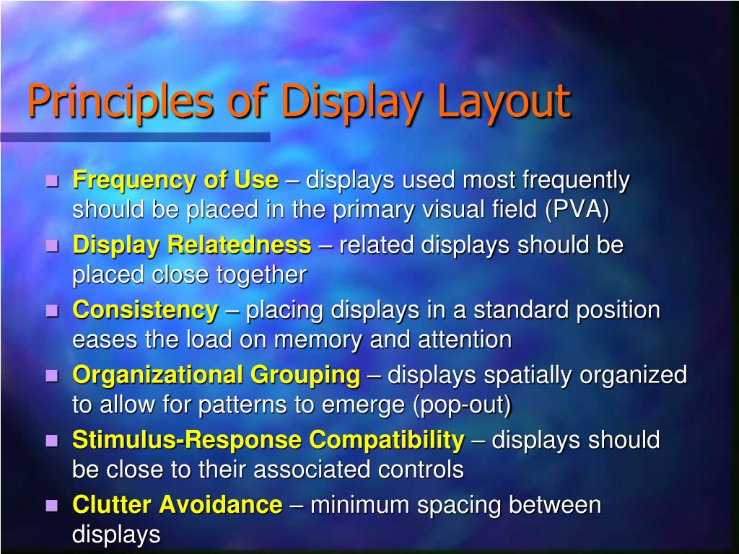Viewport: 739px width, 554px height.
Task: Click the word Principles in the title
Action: pyautogui.click(x=120, y=102)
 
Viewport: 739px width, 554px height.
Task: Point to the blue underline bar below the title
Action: pyautogui.click(x=134, y=136)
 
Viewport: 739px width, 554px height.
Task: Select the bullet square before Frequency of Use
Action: pyautogui.click(x=52, y=181)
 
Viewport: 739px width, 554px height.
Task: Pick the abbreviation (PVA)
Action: pyautogui.click(x=577, y=210)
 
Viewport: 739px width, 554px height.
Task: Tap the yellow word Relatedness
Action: pyautogui.click(x=239, y=245)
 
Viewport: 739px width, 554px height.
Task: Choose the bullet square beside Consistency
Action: pyautogui.click(x=52, y=311)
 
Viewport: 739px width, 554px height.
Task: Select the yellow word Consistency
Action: pyautogui.click(x=145, y=310)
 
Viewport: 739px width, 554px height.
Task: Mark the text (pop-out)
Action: pyautogui.click(x=462, y=405)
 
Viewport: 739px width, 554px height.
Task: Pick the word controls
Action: pyautogui.click(x=421, y=470)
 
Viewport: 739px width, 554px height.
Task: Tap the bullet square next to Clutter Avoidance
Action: pyautogui.click(x=52, y=506)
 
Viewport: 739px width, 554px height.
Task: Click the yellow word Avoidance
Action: pyautogui.click(x=221, y=505)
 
